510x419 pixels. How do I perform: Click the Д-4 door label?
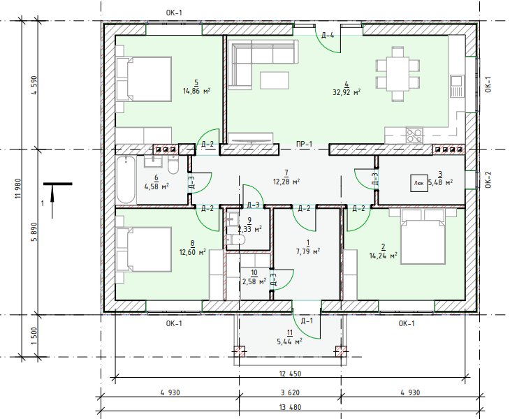328,35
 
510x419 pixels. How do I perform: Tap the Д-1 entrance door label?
307,321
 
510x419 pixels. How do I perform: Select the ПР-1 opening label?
304,144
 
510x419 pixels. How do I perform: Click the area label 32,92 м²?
347,92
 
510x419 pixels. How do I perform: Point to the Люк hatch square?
419,183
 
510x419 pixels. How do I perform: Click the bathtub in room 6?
126,179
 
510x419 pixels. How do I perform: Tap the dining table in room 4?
398,74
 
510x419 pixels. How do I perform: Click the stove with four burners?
414,135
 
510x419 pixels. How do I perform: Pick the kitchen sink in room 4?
457,86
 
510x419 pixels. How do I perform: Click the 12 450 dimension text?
290,374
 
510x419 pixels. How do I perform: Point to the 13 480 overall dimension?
290,407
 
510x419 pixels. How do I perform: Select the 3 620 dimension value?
290,392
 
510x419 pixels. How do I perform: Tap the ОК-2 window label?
488,179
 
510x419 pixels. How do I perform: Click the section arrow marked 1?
52,200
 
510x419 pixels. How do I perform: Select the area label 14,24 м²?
383,256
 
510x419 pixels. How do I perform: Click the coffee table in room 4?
275,80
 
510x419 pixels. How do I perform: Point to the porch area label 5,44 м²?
289,341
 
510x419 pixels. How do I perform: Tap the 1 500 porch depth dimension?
35,337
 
